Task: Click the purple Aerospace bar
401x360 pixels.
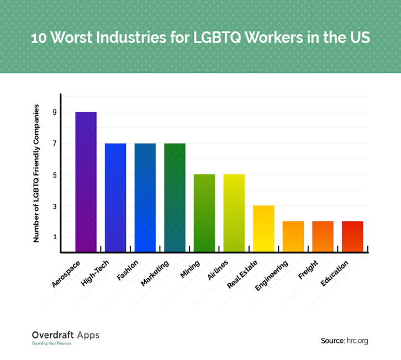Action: click(86, 182)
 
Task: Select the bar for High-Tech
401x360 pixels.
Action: click(115, 198)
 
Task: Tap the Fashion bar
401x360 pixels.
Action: click(145, 198)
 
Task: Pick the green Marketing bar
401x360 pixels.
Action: click(175, 198)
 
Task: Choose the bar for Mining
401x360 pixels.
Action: click(204, 213)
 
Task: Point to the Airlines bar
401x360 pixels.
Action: click(234, 213)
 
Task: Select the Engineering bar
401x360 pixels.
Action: click(293, 237)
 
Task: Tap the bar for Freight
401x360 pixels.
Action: click(323, 237)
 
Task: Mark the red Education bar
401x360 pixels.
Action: click(352, 237)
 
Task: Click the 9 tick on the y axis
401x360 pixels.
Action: click(55, 113)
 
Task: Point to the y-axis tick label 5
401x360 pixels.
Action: click(55, 175)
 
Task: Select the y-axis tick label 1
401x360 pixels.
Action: click(55, 237)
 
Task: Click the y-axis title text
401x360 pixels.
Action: click(36, 173)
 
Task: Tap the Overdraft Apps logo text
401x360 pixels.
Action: click(65, 335)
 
